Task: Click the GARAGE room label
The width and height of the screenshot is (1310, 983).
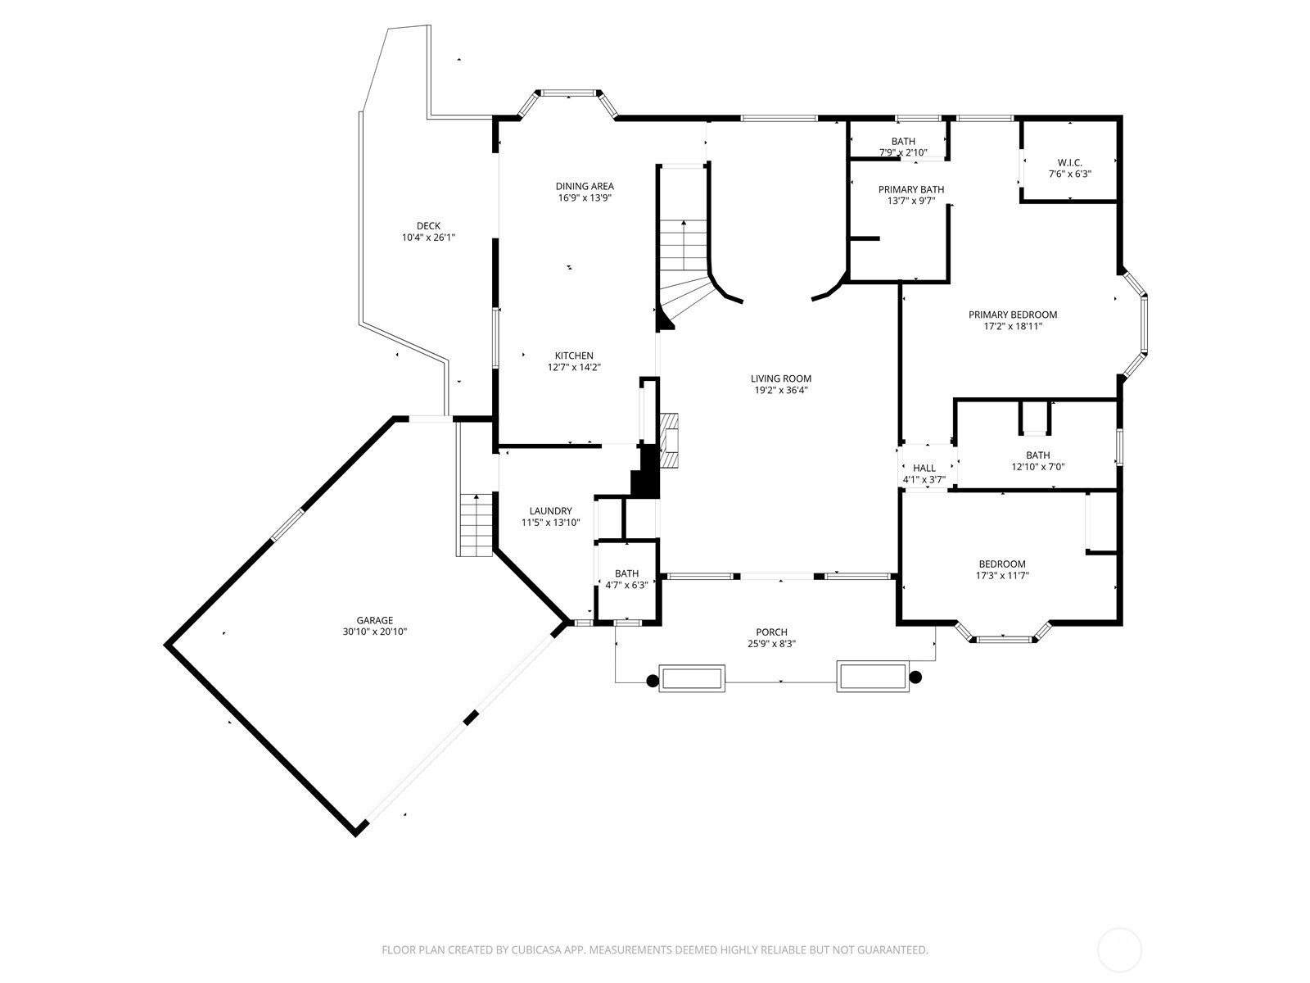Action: pyautogui.click(x=375, y=620)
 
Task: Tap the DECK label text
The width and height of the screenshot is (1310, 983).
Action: pyautogui.click(x=428, y=225)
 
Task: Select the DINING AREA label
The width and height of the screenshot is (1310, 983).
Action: pyautogui.click(x=585, y=186)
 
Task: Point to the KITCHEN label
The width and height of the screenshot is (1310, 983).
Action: pyautogui.click(x=574, y=356)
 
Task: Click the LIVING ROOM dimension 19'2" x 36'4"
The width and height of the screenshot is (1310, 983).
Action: pyautogui.click(x=781, y=391)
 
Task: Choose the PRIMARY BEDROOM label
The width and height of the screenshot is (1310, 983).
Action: pyautogui.click(x=1013, y=315)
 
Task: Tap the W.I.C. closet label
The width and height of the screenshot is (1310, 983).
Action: pyautogui.click(x=1070, y=163)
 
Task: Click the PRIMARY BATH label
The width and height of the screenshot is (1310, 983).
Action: pyautogui.click(x=911, y=190)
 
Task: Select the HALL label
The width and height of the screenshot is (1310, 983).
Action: pyautogui.click(x=924, y=468)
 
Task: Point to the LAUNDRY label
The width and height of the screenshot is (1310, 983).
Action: pyautogui.click(x=551, y=511)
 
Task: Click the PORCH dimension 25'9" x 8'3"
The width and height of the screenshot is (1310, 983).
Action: pyautogui.click(x=772, y=644)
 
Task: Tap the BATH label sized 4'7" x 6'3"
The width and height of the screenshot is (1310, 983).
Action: pyautogui.click(x=626, y=573)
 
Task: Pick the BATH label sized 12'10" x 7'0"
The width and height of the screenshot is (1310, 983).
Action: pyautogui.click(x=1038, y=455)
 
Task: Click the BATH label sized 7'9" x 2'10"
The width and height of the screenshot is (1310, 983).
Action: pyautogui.click(x=904, y=142)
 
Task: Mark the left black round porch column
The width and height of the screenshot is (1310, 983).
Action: pyautogui.click(x=653, y=680)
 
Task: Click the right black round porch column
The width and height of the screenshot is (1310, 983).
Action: pyautogui.click(x=915, y=677)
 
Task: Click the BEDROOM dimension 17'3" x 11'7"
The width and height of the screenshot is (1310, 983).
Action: pyautogui.click(x=1003, y=576)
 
